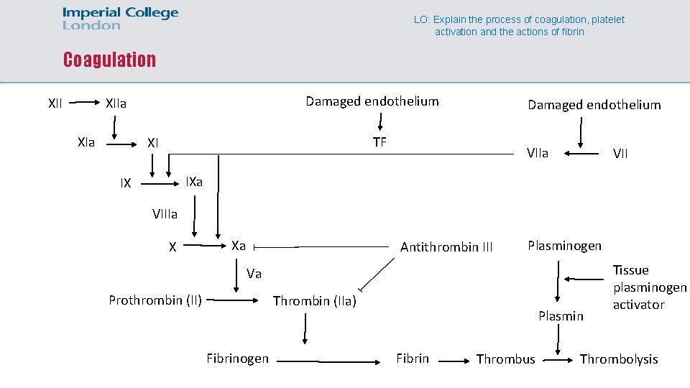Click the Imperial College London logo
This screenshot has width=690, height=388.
coord(120,19)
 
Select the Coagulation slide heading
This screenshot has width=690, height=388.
coord(109,60)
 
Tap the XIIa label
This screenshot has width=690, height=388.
coord(116,103)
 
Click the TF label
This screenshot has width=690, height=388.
coord(379,142)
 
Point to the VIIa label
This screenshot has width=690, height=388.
coord(537,153)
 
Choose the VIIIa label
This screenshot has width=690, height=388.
coord(165,213)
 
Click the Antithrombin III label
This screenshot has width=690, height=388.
coord(446,247)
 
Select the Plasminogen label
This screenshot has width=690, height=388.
coord(564,246)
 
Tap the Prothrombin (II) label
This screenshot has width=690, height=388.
coord(155,300)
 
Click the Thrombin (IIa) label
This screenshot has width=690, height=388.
coord(315,301)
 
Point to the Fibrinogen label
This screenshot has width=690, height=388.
coord(237,359)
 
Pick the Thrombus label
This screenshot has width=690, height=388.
coord(505,359)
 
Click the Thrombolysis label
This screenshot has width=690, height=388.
coord(618,359)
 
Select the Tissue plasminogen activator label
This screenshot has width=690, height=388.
coord(649,287)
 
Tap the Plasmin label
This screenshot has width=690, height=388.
coord(561,316)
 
